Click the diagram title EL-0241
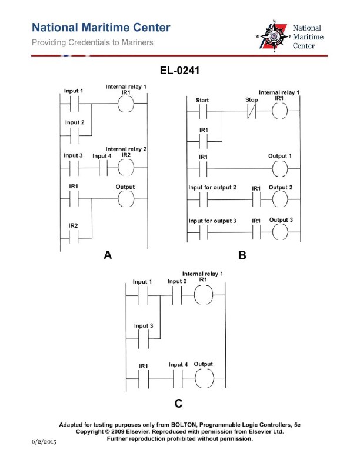179,72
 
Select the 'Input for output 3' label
212,221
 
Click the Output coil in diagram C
204,379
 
